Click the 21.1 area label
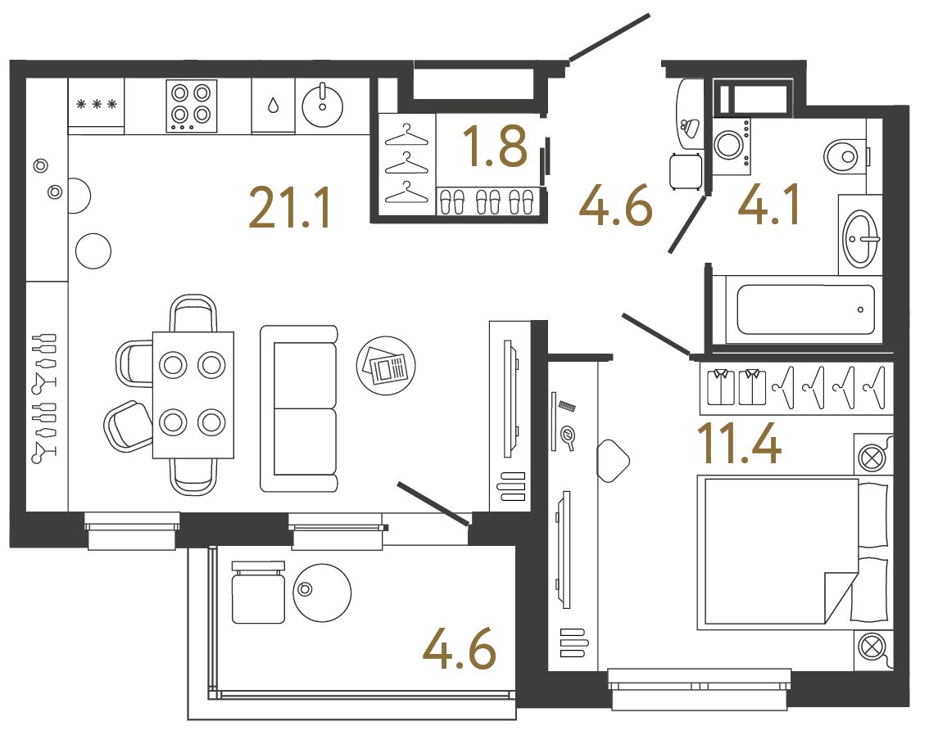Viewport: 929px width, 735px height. point(290,209)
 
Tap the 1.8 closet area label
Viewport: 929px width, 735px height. point(494,147)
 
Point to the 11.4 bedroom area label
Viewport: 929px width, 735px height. point(738,444)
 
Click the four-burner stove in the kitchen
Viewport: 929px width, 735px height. point(191,106)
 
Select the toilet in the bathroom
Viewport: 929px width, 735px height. point(845,155)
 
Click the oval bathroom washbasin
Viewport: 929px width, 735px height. point(860,238)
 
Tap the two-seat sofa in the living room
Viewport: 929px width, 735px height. point(299,408)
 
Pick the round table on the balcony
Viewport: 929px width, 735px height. point(322,593)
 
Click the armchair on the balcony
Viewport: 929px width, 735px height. point(258,593)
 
